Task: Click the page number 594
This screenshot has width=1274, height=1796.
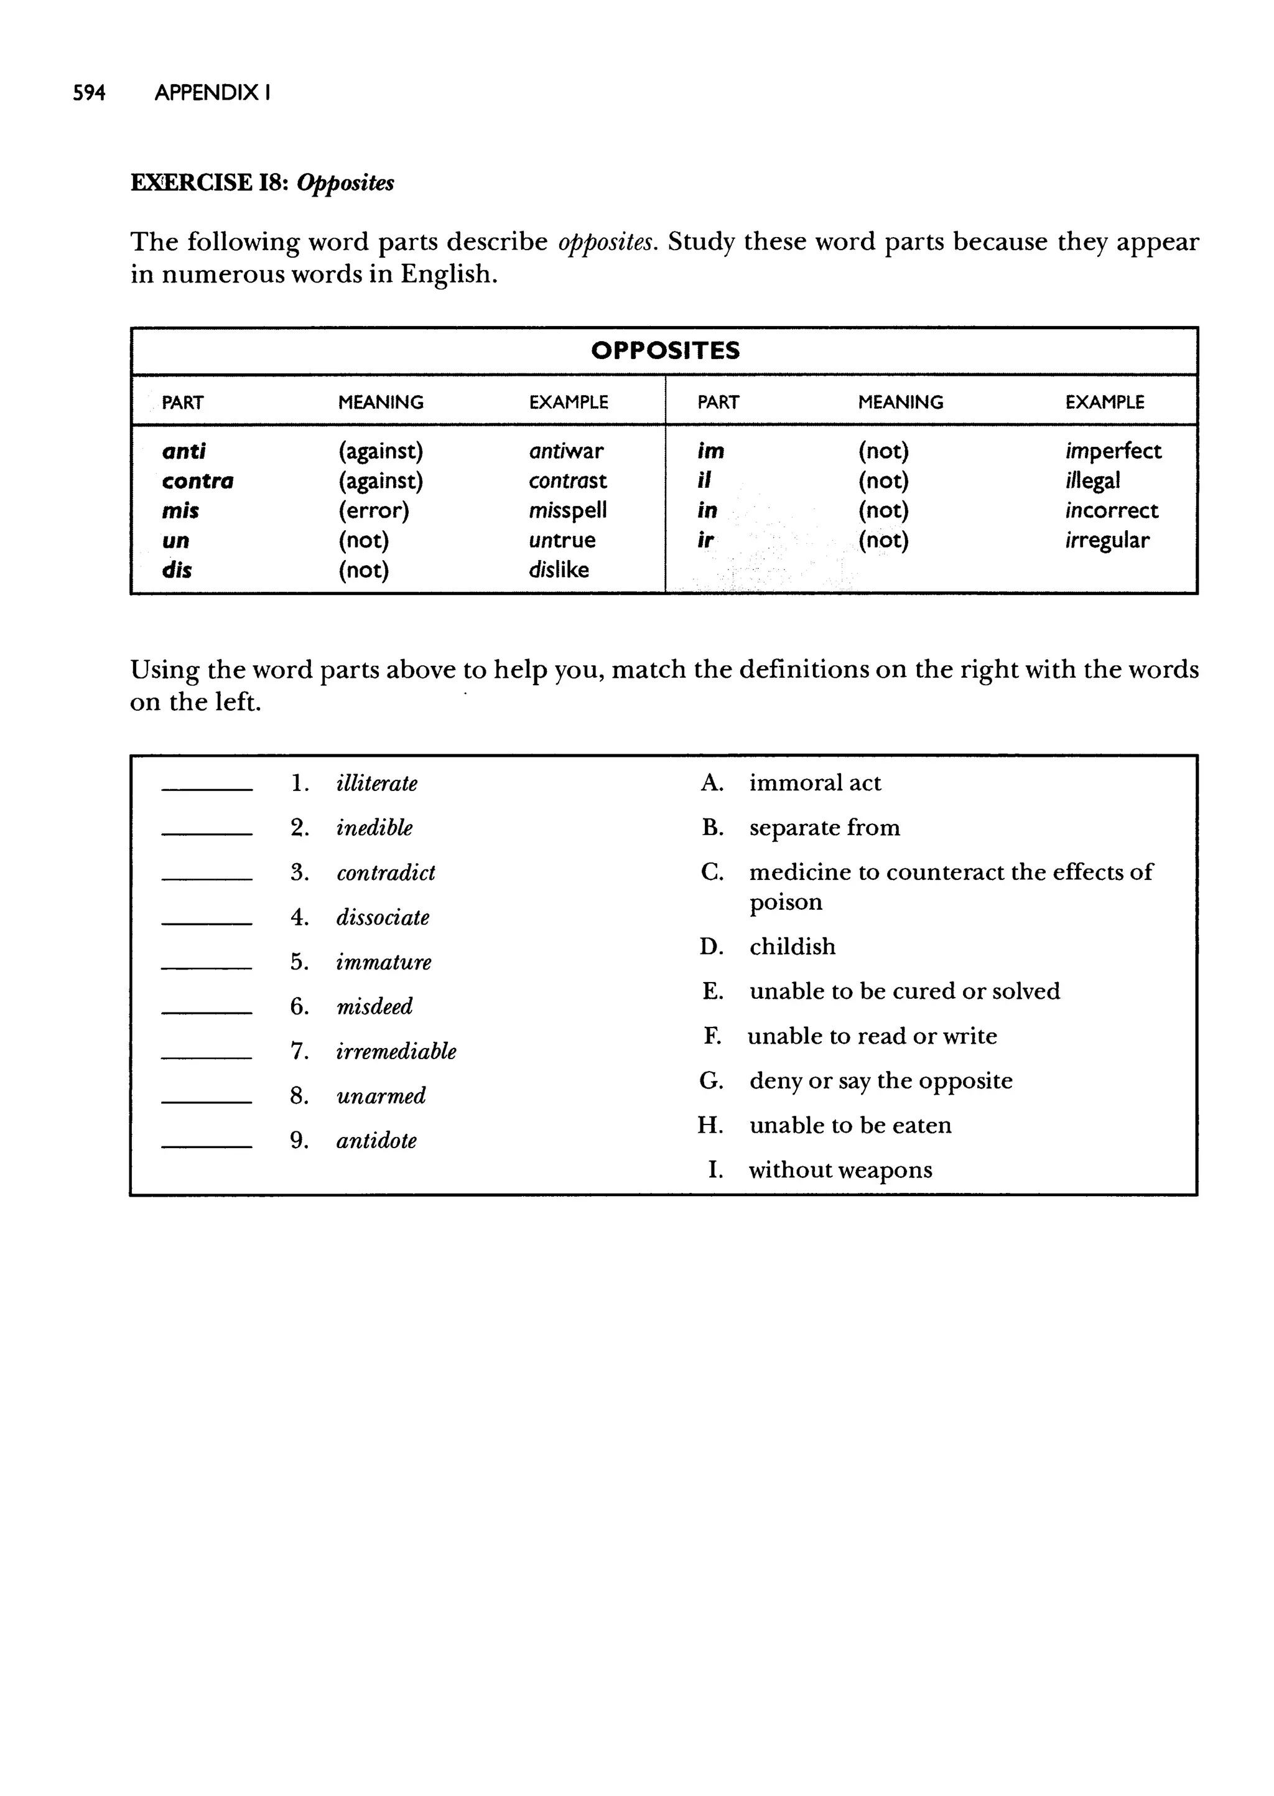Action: (x=89, y=93)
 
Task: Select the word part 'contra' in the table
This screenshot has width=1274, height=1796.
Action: (x=198, y=480)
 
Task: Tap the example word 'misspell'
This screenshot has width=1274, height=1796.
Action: (x=567, y=510)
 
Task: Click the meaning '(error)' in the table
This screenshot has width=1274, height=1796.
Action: (x=373, y=510)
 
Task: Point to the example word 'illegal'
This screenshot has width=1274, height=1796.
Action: (x=1092, y=480)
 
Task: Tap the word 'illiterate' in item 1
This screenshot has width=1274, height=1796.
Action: (x=376, y=783)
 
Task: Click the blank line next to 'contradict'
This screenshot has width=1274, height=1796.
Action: (x=207, y=877)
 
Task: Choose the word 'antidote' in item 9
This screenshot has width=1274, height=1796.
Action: (x=376, y=1140)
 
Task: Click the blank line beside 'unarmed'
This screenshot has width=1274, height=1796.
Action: (x=207, y=1101)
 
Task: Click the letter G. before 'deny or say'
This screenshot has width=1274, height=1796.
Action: (x=711, y=1080)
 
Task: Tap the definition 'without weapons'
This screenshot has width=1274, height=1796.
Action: (x=840, y=1170)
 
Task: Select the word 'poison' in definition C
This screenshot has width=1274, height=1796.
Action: (x=785, y=902)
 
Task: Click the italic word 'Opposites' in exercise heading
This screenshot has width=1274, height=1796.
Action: (x=345, y=183)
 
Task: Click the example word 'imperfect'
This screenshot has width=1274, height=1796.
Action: (x=1112, y=451)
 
